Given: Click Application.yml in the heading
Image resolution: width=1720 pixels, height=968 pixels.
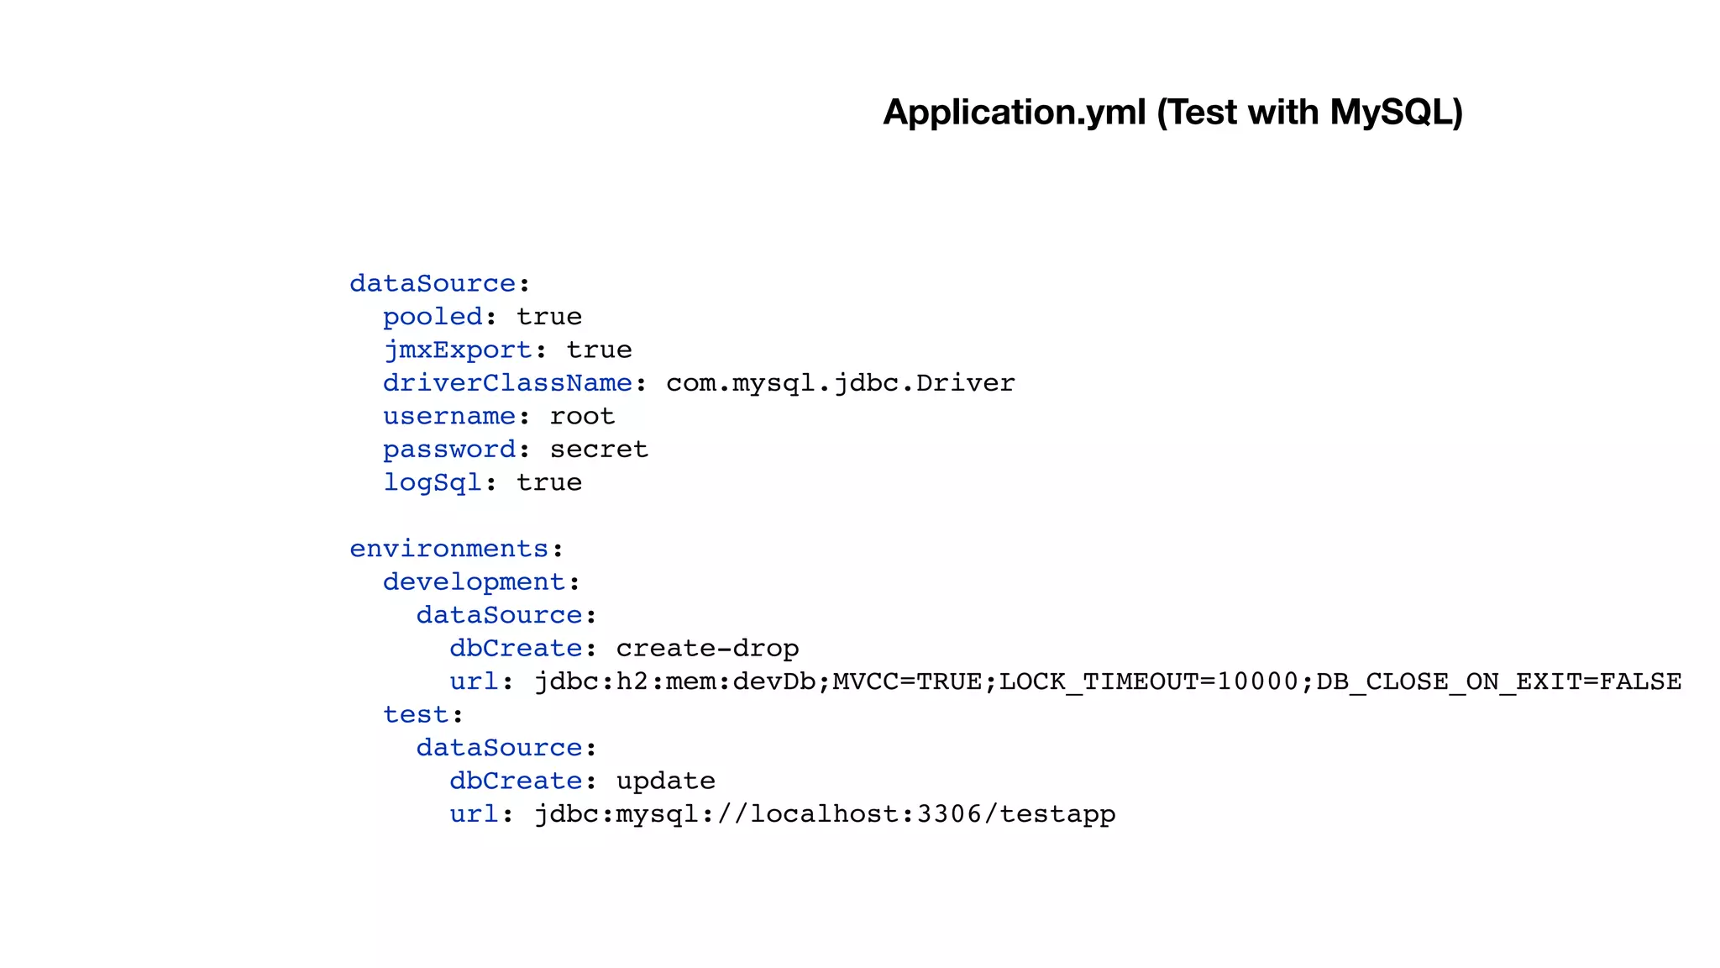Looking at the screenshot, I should (1014, 113).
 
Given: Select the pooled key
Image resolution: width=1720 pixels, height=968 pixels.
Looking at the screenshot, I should (433, 317).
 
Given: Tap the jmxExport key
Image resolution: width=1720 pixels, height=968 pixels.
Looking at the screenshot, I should (458, 350).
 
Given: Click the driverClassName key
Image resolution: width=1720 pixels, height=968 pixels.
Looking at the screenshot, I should (507, 383).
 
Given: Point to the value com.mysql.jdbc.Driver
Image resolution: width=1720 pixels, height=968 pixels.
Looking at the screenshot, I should (840, 383).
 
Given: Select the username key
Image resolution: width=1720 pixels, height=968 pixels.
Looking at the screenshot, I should (449, 416).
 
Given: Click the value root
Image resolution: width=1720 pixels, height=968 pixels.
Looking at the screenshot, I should (582, 416).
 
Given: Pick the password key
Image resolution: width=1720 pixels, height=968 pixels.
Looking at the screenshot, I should (449, 450).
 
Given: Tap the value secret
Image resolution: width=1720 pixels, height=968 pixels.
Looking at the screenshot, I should (599, 450).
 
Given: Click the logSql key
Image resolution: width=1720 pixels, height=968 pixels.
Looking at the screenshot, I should (433, 482).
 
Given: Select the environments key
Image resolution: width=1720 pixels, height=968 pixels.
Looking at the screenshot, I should (449, 549).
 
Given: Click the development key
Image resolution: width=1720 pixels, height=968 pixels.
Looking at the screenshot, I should (474, 581).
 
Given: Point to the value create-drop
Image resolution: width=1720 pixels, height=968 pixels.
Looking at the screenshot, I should (707, 648).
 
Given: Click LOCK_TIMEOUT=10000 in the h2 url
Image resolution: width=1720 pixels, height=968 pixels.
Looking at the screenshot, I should (1148, 681).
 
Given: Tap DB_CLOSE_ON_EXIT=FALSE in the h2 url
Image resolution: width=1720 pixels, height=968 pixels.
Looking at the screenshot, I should (1498, 681).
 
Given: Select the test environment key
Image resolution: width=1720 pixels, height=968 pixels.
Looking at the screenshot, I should (416, 714).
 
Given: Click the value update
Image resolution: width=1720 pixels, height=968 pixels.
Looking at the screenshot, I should (665, 781).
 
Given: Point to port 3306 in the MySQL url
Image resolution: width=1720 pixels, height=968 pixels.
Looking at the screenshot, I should (949, 813).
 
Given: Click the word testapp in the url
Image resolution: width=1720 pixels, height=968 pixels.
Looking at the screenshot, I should (1057, 813).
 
